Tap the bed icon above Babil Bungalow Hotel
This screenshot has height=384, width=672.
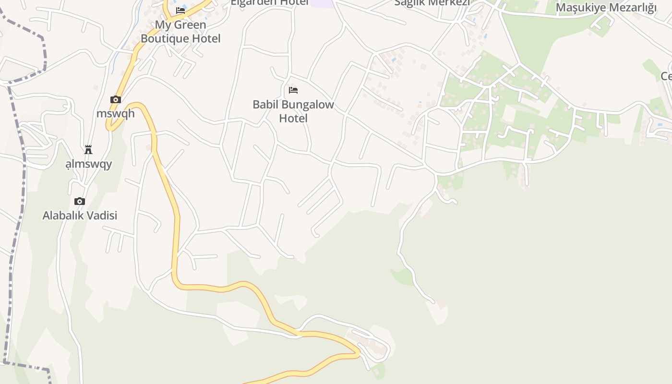point(293,90)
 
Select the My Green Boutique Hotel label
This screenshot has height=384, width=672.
point(180,32)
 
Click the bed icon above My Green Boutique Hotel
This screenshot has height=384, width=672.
point(180,10)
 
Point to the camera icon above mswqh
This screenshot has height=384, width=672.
point(116,99)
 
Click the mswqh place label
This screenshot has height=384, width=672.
point(116,114)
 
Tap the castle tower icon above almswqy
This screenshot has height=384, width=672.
point(88,150)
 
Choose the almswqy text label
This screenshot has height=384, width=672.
point(89,164)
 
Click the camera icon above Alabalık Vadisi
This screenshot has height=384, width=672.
point(80,201)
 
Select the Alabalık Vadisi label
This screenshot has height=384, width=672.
point(80,216)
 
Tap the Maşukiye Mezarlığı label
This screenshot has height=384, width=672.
point(606,8)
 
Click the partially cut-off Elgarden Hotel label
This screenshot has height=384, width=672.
point(269,2)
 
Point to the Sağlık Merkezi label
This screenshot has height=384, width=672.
point(432,3)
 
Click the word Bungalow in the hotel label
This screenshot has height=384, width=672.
point(308,105)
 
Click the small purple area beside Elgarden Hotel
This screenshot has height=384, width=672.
point(322,3)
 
